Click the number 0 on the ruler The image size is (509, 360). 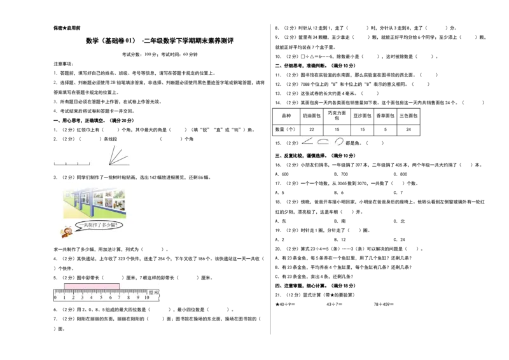[x=55, y=297]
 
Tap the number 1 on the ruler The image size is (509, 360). [x=64, y=297]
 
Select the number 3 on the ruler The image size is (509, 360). [x=82, y=297]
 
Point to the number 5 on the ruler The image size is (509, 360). [x=101, y=297]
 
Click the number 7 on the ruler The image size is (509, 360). [x=119, y=297]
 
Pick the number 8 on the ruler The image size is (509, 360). [x=128, y=297]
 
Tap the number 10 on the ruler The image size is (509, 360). [x=147, y=297]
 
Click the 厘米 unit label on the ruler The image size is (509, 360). [x=154, y=293]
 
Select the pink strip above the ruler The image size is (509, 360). [x=92, y=286]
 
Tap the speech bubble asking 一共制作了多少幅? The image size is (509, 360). [x=99, y=225]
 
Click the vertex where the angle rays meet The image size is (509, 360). [x=108, y=165]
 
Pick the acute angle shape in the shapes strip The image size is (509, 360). [x=308, y=141]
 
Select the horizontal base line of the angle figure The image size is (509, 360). [x=120, y=165]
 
